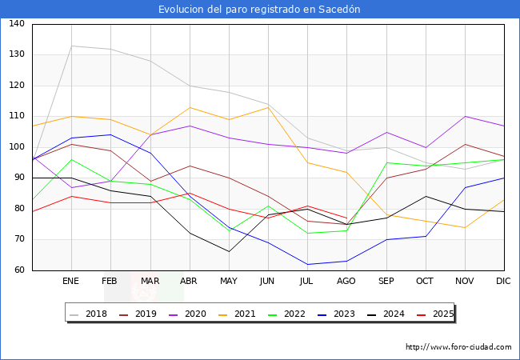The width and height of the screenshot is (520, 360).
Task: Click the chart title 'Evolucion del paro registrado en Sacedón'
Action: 259,10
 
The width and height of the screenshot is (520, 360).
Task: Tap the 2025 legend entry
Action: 435,314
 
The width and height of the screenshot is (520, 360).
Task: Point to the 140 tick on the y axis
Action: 16,24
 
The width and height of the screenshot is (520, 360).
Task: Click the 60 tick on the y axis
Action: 16,270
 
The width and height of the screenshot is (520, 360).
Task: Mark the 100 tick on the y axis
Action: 16,147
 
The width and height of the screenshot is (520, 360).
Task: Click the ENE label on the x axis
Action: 71,281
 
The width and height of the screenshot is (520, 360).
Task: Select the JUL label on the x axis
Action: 307,281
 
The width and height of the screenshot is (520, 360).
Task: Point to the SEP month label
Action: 386,281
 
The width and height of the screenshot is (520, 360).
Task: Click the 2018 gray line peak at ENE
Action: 72,46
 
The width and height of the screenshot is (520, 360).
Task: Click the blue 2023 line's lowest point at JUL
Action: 307,264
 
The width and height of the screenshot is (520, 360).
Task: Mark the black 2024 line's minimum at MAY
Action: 229,252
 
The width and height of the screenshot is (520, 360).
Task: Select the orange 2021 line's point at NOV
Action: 465,227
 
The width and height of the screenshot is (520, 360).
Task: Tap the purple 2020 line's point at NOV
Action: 465,117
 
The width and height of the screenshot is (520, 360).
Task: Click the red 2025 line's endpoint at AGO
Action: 346,218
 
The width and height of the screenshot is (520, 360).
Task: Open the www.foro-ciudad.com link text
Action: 458,347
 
